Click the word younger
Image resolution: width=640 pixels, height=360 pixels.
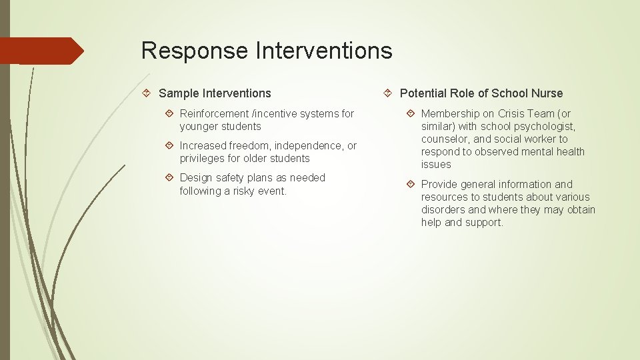pos(199,127)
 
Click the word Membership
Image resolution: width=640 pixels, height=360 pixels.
pos(449,114)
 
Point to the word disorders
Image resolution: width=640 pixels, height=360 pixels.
pos(443,210)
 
